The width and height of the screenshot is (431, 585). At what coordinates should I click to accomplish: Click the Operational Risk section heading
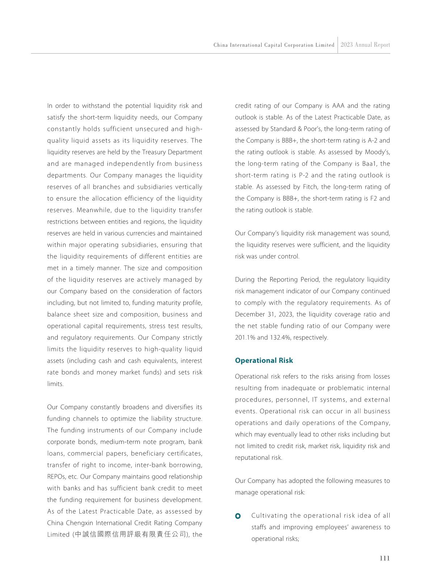pos(264,360)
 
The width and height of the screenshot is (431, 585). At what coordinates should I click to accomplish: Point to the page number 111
pos(385,558)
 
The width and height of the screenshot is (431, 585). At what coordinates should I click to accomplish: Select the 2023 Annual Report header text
pos(365,45)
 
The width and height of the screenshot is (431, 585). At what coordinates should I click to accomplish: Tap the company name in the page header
pos(274,45)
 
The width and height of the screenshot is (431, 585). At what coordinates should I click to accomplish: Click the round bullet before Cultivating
pos(238,515)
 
